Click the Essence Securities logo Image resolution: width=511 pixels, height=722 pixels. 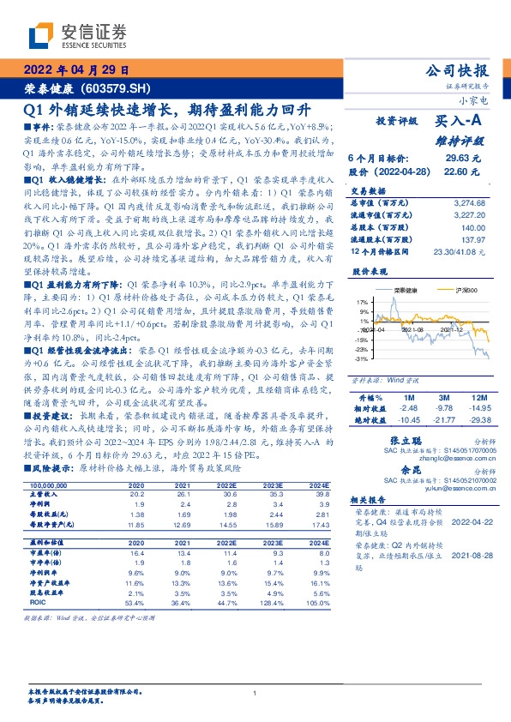coord(76,37)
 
